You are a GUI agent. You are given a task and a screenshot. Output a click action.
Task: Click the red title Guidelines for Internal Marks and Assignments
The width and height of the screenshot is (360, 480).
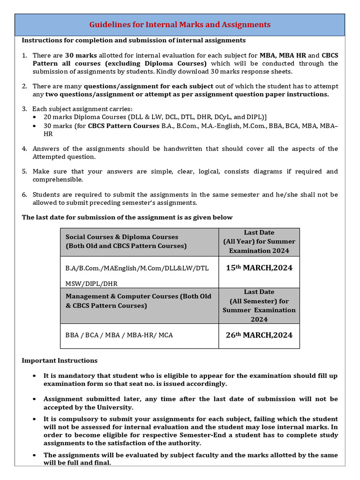pos(180,24)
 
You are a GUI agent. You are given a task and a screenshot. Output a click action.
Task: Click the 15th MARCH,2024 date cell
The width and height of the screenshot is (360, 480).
pos(259,268)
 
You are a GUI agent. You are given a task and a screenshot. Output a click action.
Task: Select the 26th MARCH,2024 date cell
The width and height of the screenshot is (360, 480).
pos(259,335)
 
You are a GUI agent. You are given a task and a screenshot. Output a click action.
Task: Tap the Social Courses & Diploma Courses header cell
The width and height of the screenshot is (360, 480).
pos(126,241)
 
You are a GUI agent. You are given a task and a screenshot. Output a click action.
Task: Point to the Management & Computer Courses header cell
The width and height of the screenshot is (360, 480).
pos(138,301)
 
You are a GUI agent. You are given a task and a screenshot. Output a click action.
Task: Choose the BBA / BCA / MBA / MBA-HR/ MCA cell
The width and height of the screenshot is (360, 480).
pos(119,336)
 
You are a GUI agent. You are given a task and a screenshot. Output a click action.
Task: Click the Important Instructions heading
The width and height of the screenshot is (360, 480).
pos(60,360)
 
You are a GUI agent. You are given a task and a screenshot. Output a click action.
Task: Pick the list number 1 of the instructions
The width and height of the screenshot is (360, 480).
pos(24,55)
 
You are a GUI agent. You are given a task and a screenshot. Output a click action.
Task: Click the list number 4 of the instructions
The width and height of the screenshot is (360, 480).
pos(24,149)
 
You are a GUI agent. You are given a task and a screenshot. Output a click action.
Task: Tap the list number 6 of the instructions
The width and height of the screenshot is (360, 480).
pos(24,195)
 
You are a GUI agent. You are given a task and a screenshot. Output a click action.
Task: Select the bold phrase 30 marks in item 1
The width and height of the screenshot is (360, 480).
pos(81,55)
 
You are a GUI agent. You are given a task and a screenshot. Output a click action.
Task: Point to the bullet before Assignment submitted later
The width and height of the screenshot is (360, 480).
pos(36,399)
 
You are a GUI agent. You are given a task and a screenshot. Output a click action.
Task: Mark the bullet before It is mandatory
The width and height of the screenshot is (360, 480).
pos(36,376)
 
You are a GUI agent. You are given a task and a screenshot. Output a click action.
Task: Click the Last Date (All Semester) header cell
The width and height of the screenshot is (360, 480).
pos(259,305)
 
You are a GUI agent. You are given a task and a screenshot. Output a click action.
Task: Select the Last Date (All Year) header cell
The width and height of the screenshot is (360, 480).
pos(259,241)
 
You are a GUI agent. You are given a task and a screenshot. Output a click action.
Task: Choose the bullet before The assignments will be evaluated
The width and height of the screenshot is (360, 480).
pos(36,456)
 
